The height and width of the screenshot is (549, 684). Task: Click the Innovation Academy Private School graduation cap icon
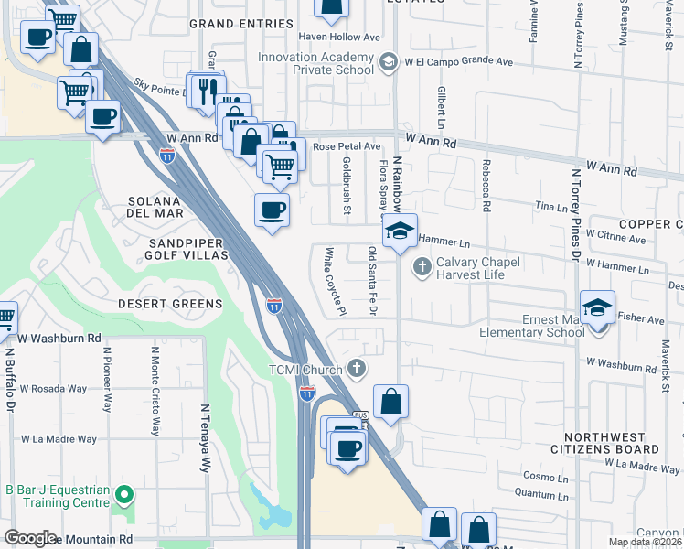pyautogui.click(x=388, y=61)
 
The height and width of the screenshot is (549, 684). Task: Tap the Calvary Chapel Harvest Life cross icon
pyautogui.click(x=422, y=267)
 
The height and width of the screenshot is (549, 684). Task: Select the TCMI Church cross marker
pyautogui.click(x=358, y=369)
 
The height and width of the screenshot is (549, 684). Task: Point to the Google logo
pyautogui.click(x=30, y=537)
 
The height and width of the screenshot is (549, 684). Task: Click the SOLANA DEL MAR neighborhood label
pyautogui.click(x=155, y=207)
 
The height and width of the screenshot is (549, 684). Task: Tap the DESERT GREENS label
pyautogui.click(x=169, y=303)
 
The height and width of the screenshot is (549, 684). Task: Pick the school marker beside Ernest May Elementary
pyautogui.click(x=597, y=308)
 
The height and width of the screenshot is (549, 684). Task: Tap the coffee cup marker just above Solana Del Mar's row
pyautogui.click(x=272, y=210)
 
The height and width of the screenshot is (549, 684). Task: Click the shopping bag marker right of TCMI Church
pyautogui.click(x=390, y=402)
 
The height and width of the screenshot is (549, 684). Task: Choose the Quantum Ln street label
pyautogui.click(x=535, y=492)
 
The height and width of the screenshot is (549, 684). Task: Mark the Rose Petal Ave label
pyautogui.click(x=347, y=145)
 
